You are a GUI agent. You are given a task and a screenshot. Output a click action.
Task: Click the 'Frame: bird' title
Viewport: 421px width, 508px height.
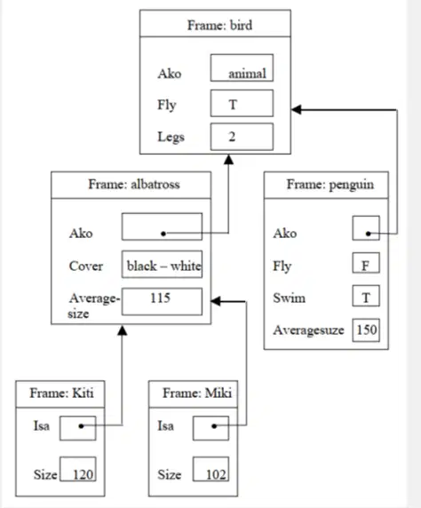pyautogui.click(x=219, y=25)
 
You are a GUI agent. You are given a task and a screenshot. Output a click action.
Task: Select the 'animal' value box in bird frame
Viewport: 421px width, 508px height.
pyautogui.click(x=242, y=67)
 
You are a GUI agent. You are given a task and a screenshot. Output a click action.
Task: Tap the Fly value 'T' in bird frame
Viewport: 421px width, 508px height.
pyautogui.click(x=233, y=104)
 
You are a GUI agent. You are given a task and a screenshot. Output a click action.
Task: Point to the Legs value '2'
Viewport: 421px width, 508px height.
pyautogui.click(x=232, y=137)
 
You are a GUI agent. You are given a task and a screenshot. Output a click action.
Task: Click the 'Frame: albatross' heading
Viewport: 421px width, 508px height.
pyautogui.click(x=134, y=185)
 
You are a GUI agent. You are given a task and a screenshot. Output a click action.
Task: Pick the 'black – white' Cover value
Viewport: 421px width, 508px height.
pyautogui.click(x=163, y=266)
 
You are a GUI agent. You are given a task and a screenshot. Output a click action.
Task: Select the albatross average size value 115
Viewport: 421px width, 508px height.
pyautogui.click(x=161, y=298)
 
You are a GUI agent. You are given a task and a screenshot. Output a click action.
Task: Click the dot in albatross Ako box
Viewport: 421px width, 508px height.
pyautogui.click(x=163, y=234)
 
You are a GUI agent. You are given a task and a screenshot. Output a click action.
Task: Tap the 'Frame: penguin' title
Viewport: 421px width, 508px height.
pyautogui.click(x=330, y=185)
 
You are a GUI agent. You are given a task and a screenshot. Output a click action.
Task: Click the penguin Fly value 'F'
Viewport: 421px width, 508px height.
pyautogui.click(x=365, y=266)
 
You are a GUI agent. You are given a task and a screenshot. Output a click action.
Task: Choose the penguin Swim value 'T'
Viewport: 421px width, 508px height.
pyautogui.click(x=366, y=298)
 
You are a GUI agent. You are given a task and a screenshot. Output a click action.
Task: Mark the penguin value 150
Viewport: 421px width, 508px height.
pyautogui.click(x=367, y=329)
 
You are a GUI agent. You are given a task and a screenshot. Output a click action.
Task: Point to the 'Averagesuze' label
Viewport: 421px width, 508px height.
pyautogui.click(x=308, y=330)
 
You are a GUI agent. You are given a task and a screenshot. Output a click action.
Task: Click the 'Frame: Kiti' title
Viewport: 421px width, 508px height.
pyautogui.click(x=61, y=393)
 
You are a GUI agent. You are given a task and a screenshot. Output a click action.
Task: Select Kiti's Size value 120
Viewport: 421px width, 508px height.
pyautogui.click(x=83, y=474)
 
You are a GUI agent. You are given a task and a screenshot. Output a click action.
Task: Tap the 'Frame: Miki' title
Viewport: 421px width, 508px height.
pyautogui.click(x=197, y=393)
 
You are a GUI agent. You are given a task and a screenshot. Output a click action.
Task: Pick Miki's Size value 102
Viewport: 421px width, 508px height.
pyautogui.click(x=216, y=474)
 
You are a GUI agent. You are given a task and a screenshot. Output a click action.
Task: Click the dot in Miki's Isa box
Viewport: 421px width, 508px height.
pyautogui.click(x=214, y=426)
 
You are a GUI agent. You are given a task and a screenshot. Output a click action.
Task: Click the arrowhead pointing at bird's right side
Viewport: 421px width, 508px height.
pyautogui.click(x=297, y=109)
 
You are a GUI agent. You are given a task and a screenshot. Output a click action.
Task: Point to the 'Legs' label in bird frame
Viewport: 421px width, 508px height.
pyautogui.click(x=171, y=137)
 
